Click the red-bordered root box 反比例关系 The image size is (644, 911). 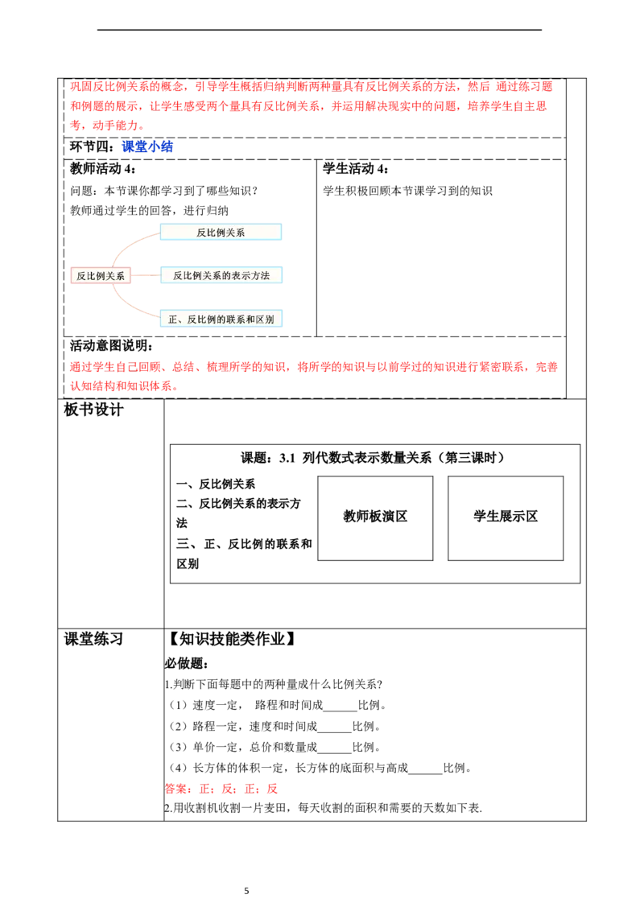point(101,276)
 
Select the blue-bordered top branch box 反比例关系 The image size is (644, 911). point(221,232)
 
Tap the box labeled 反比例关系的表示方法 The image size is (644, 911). point(221,275)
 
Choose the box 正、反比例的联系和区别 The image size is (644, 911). point(221,319)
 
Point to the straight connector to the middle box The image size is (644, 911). point(146,275)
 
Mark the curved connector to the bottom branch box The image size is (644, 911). point(129,306)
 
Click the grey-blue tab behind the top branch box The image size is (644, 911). point(299,235)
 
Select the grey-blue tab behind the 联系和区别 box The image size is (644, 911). point(299,319)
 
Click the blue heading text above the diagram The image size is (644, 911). point(148,146)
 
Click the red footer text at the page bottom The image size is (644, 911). point(221,789)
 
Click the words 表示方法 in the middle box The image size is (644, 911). point(250,275)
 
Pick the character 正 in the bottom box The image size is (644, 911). point(172,319)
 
